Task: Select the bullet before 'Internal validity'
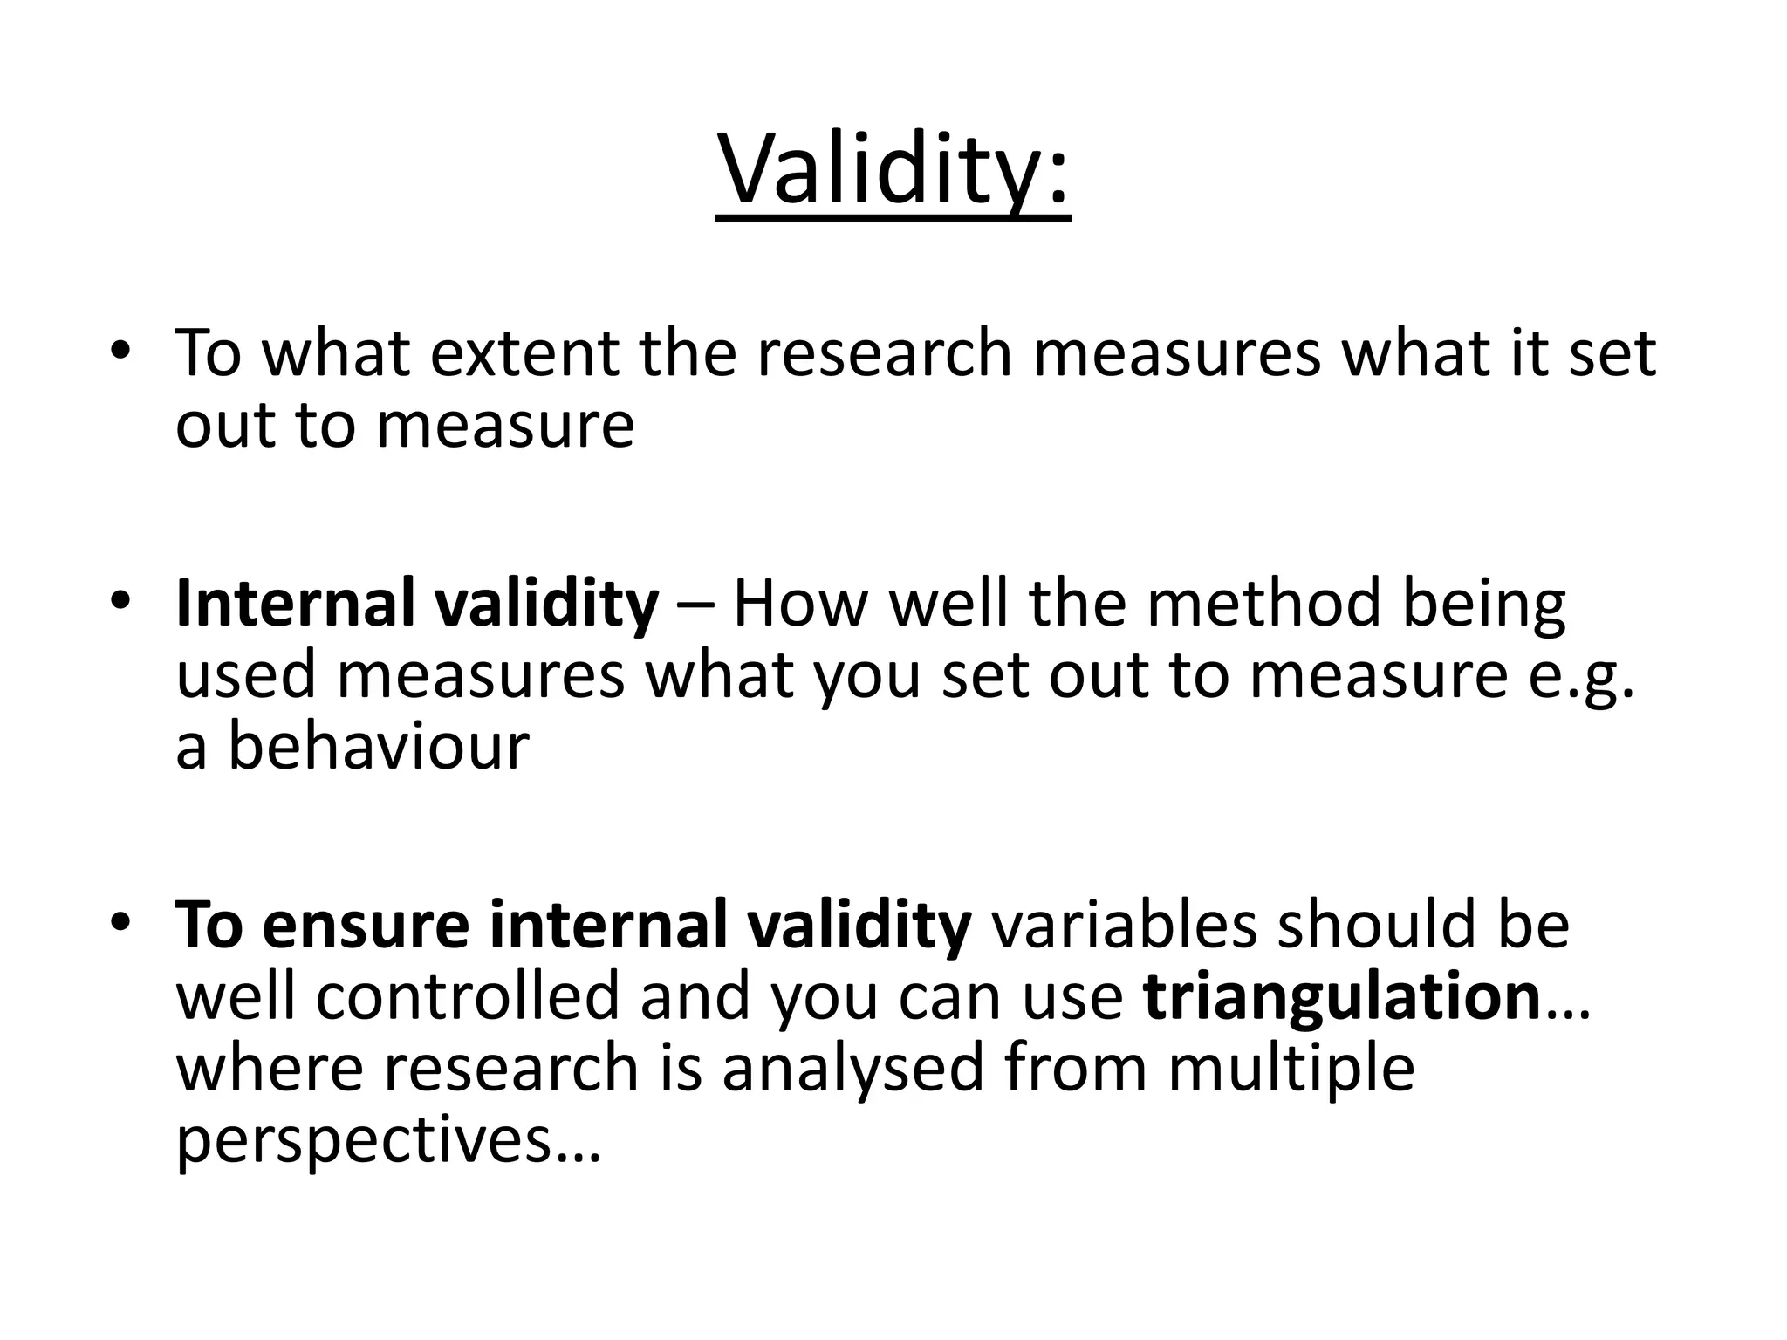[120, 601]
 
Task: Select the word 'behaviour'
[378, 748]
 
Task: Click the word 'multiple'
[1291, 1069]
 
